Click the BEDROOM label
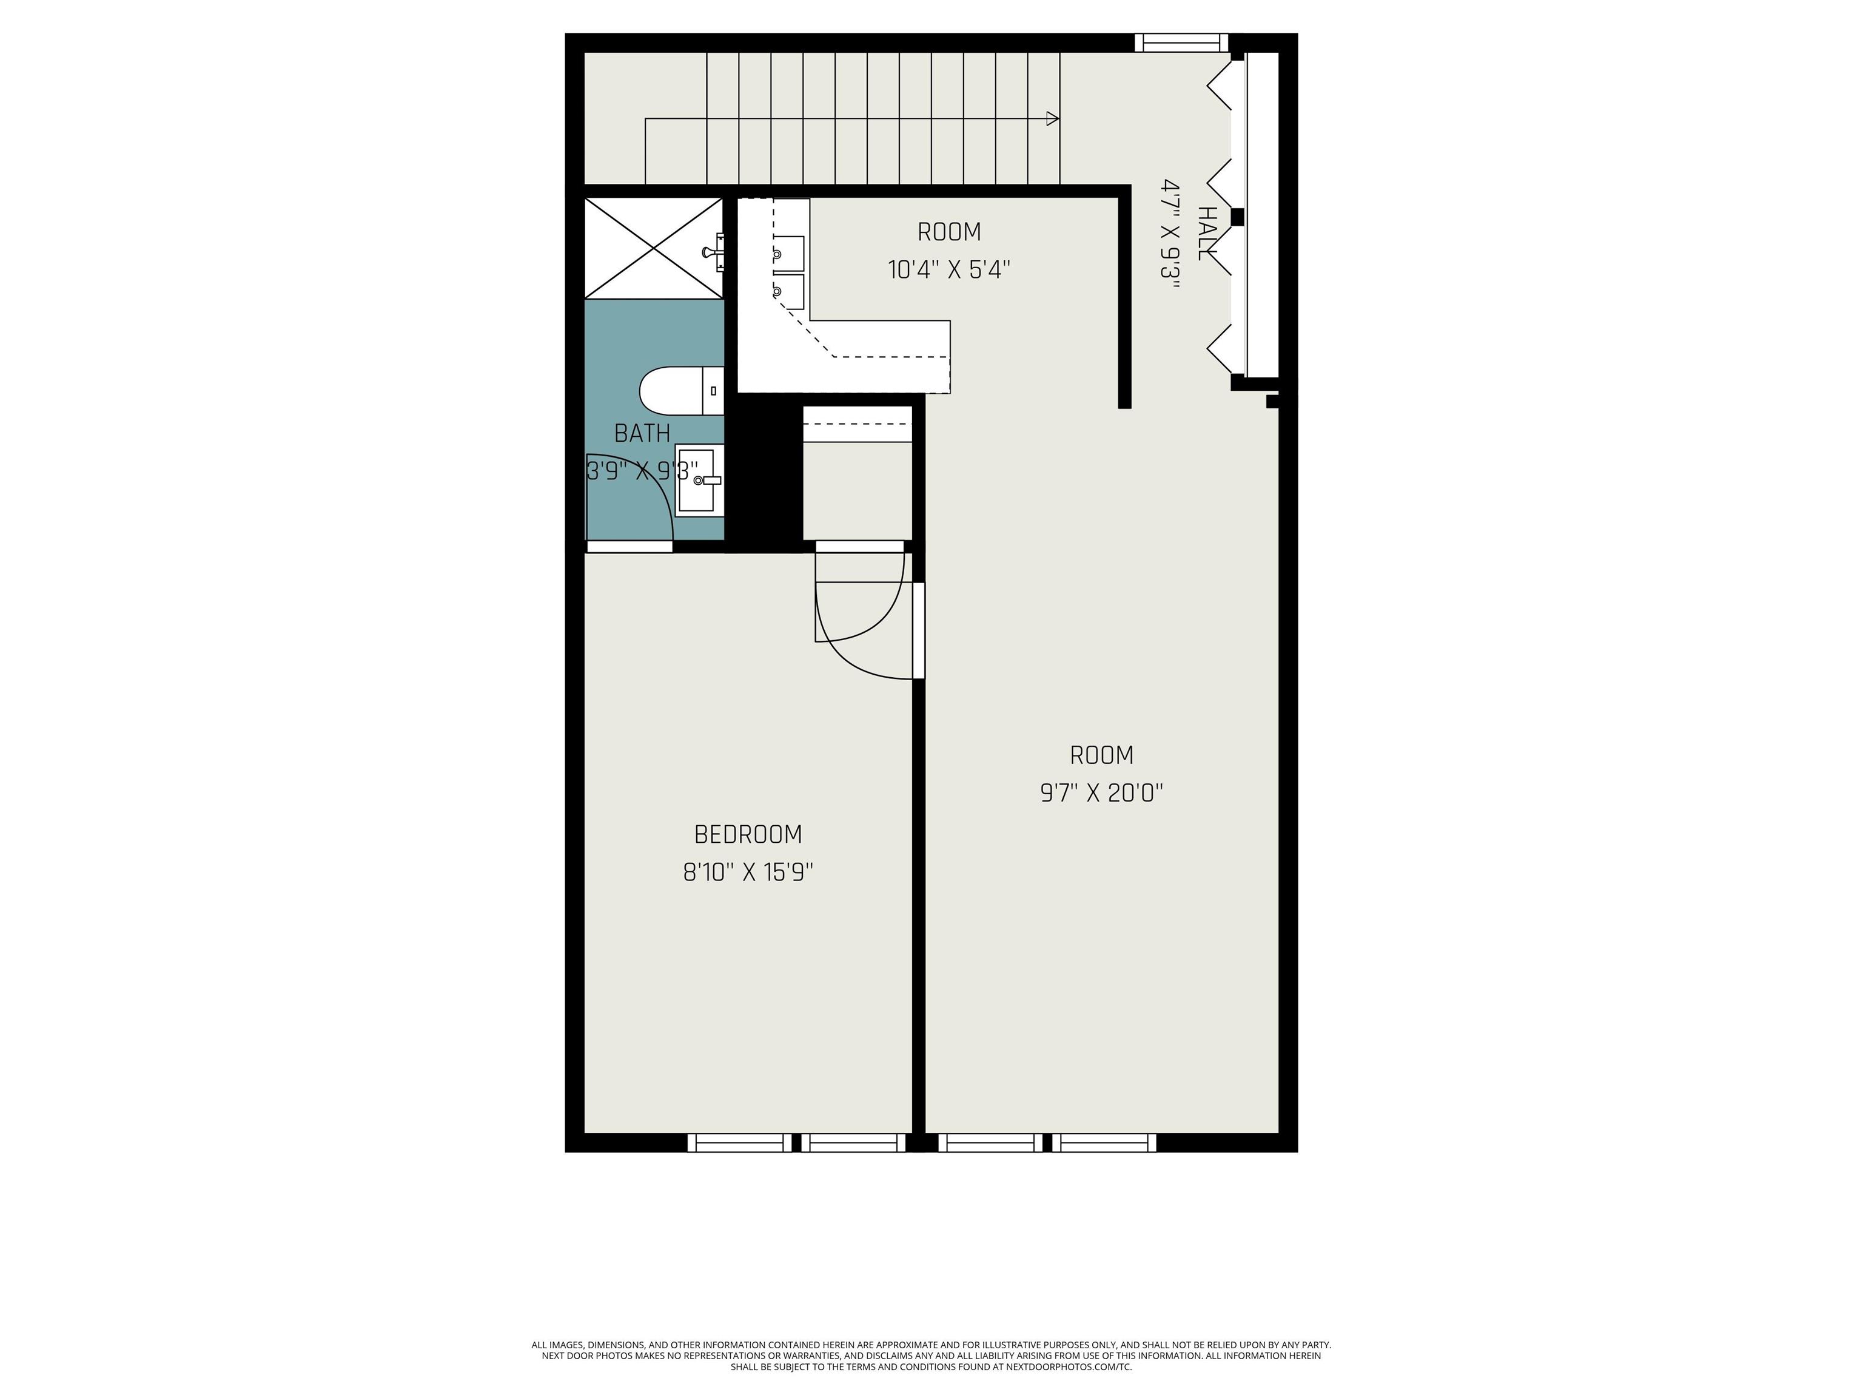pyautogui.click(x=748, y=834)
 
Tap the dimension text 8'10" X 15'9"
pyautogui.click(x=748, y=872)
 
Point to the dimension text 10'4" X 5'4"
pyautogui.click(x=949, y=269)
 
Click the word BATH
pyautogui.click(x=642, y=433)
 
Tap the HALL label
pyautogui.click(x=1207, y=234)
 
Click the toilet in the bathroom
pyautogui.click(x=682, y=391)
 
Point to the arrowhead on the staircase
pyautogui.click(x=1053, y=119)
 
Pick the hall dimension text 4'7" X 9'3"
pyautogui.click(x=1170, y=234)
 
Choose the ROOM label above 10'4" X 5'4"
pyautogui.click(x=949, y=232)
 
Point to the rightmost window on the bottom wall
pyautogui.click(x=1104, y=1143)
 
